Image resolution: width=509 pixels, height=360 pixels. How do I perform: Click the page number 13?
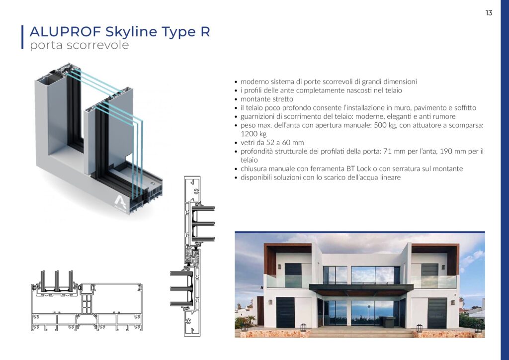(489, 12)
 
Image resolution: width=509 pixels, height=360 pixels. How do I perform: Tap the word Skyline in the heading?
(131, 32)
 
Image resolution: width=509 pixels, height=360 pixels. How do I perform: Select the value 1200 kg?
(254, 134)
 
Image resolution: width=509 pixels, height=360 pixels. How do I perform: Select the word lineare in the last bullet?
(391, 178)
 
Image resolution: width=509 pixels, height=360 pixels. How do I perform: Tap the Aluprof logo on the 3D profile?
(120, 203)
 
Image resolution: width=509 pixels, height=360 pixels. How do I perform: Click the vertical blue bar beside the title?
(22, 37)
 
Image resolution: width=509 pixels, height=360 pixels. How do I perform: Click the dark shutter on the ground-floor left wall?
(285, 312)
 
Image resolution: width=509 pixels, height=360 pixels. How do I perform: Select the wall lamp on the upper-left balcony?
(279, 267)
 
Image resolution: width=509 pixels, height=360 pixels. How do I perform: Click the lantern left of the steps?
(303, 328)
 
